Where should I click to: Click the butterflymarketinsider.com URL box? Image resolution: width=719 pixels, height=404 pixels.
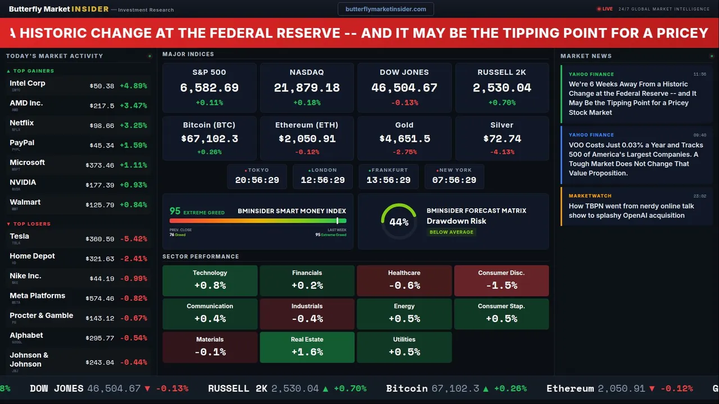tap(386, 9)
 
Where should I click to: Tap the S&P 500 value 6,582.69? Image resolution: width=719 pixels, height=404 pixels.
tap(209, 88)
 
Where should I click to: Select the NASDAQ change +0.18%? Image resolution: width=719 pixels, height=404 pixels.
tap(307, 103)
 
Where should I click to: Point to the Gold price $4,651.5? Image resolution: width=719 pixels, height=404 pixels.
tap(404, 139)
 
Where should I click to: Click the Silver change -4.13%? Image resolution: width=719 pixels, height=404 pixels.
tap(502, 152)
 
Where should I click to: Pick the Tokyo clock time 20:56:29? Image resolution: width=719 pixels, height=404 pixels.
tap(257, 180)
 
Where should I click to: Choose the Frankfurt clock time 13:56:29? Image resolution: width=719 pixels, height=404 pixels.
tap(388, 180)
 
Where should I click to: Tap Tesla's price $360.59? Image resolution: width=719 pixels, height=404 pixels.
tap(100, 239)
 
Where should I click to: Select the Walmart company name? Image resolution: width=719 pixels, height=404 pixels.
tap(25, 202)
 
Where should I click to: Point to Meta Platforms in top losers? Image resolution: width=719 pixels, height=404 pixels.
tap(38, 296)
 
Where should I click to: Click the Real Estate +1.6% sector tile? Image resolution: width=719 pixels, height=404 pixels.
tap(307, 347)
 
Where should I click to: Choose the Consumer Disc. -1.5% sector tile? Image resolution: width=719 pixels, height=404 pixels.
tap(502, 281)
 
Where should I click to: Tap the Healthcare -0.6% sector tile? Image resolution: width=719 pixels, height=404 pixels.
tap(404, 281)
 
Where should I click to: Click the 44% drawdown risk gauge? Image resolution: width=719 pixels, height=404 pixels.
tap(399, 222)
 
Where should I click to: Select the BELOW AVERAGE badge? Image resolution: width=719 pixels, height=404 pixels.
tap(452, 232)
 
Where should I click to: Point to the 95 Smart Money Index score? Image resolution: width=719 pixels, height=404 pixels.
tap(175, 211)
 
